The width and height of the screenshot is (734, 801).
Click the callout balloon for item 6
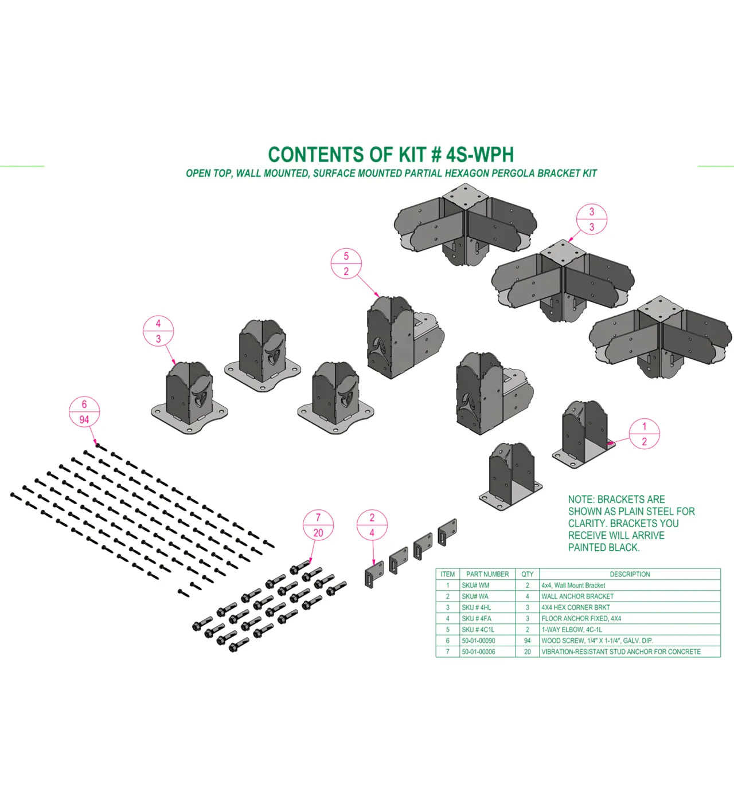point(84,412)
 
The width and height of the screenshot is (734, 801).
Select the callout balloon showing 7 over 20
point(318,525)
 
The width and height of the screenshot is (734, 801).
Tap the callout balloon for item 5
point(346,264)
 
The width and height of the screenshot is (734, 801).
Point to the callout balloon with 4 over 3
point(158,331)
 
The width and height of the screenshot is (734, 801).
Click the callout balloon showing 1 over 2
point(645,434)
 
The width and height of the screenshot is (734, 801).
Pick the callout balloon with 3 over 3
point(592,219)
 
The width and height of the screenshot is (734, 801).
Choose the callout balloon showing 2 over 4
point(372,525)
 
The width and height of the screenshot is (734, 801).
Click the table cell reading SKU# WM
point(488,585)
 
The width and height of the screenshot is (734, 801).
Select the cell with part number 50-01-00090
point(488,641)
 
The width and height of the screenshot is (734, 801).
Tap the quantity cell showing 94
point(528,641)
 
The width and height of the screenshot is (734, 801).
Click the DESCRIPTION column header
point(630,574)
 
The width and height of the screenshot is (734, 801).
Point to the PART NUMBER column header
point(488,574)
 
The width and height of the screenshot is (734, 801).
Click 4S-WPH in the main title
point(480,155)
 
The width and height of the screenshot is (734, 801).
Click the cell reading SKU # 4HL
point(488,607)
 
